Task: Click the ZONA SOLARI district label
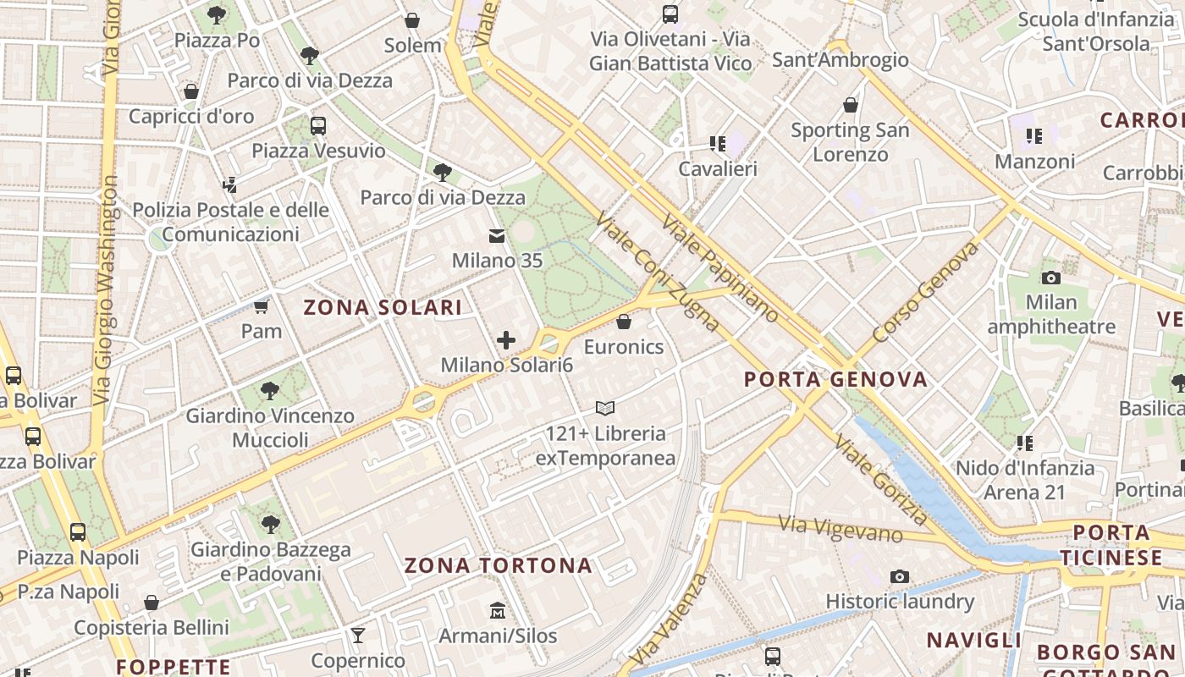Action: click(x=383, y=307)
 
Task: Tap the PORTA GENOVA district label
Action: click(x=835, y=379)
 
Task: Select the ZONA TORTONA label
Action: click(x=498, y=565)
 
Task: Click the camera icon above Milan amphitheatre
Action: click(x=1050, y=278)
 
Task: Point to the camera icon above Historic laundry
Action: click(x=900, y=577)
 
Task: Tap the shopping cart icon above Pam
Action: click(x=262, y=305)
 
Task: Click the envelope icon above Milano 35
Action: click(x=497, y=236)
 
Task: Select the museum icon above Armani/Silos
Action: click(x=497, y=610)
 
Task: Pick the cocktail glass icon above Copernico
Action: click(x=358, y=635)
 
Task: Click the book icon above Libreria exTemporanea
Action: click(x=605, y=409)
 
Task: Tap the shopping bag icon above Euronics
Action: click(x=624, y=322)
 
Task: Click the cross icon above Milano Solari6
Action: click(x=506, y=340)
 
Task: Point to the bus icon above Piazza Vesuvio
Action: click(x=318, y=126)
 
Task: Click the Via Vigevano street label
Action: click(x=841, y=529)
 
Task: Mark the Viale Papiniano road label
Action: click(x=719, y=269)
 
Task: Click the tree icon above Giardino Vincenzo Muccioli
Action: click(x=270, y=391)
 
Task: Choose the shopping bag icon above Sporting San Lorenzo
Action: click(x=851, y=105)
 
